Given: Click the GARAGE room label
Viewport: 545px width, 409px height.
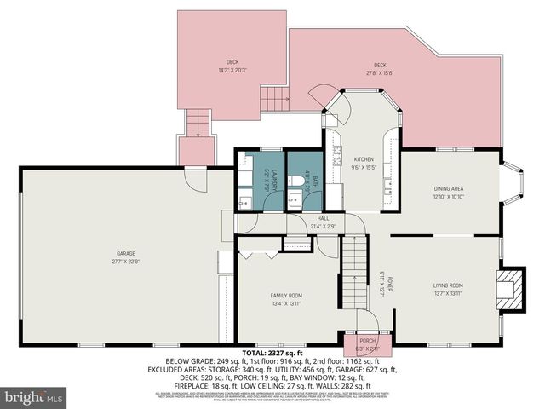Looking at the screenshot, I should (x=126, y=253).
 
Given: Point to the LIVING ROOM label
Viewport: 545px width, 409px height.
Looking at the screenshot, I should (x=447, y=285).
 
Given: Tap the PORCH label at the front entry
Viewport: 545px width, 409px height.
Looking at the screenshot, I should (x=367, y=341).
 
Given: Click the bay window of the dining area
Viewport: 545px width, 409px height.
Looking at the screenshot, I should (x=512, y=182).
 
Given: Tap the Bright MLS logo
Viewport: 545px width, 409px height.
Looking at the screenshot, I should (x=34, y=397).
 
